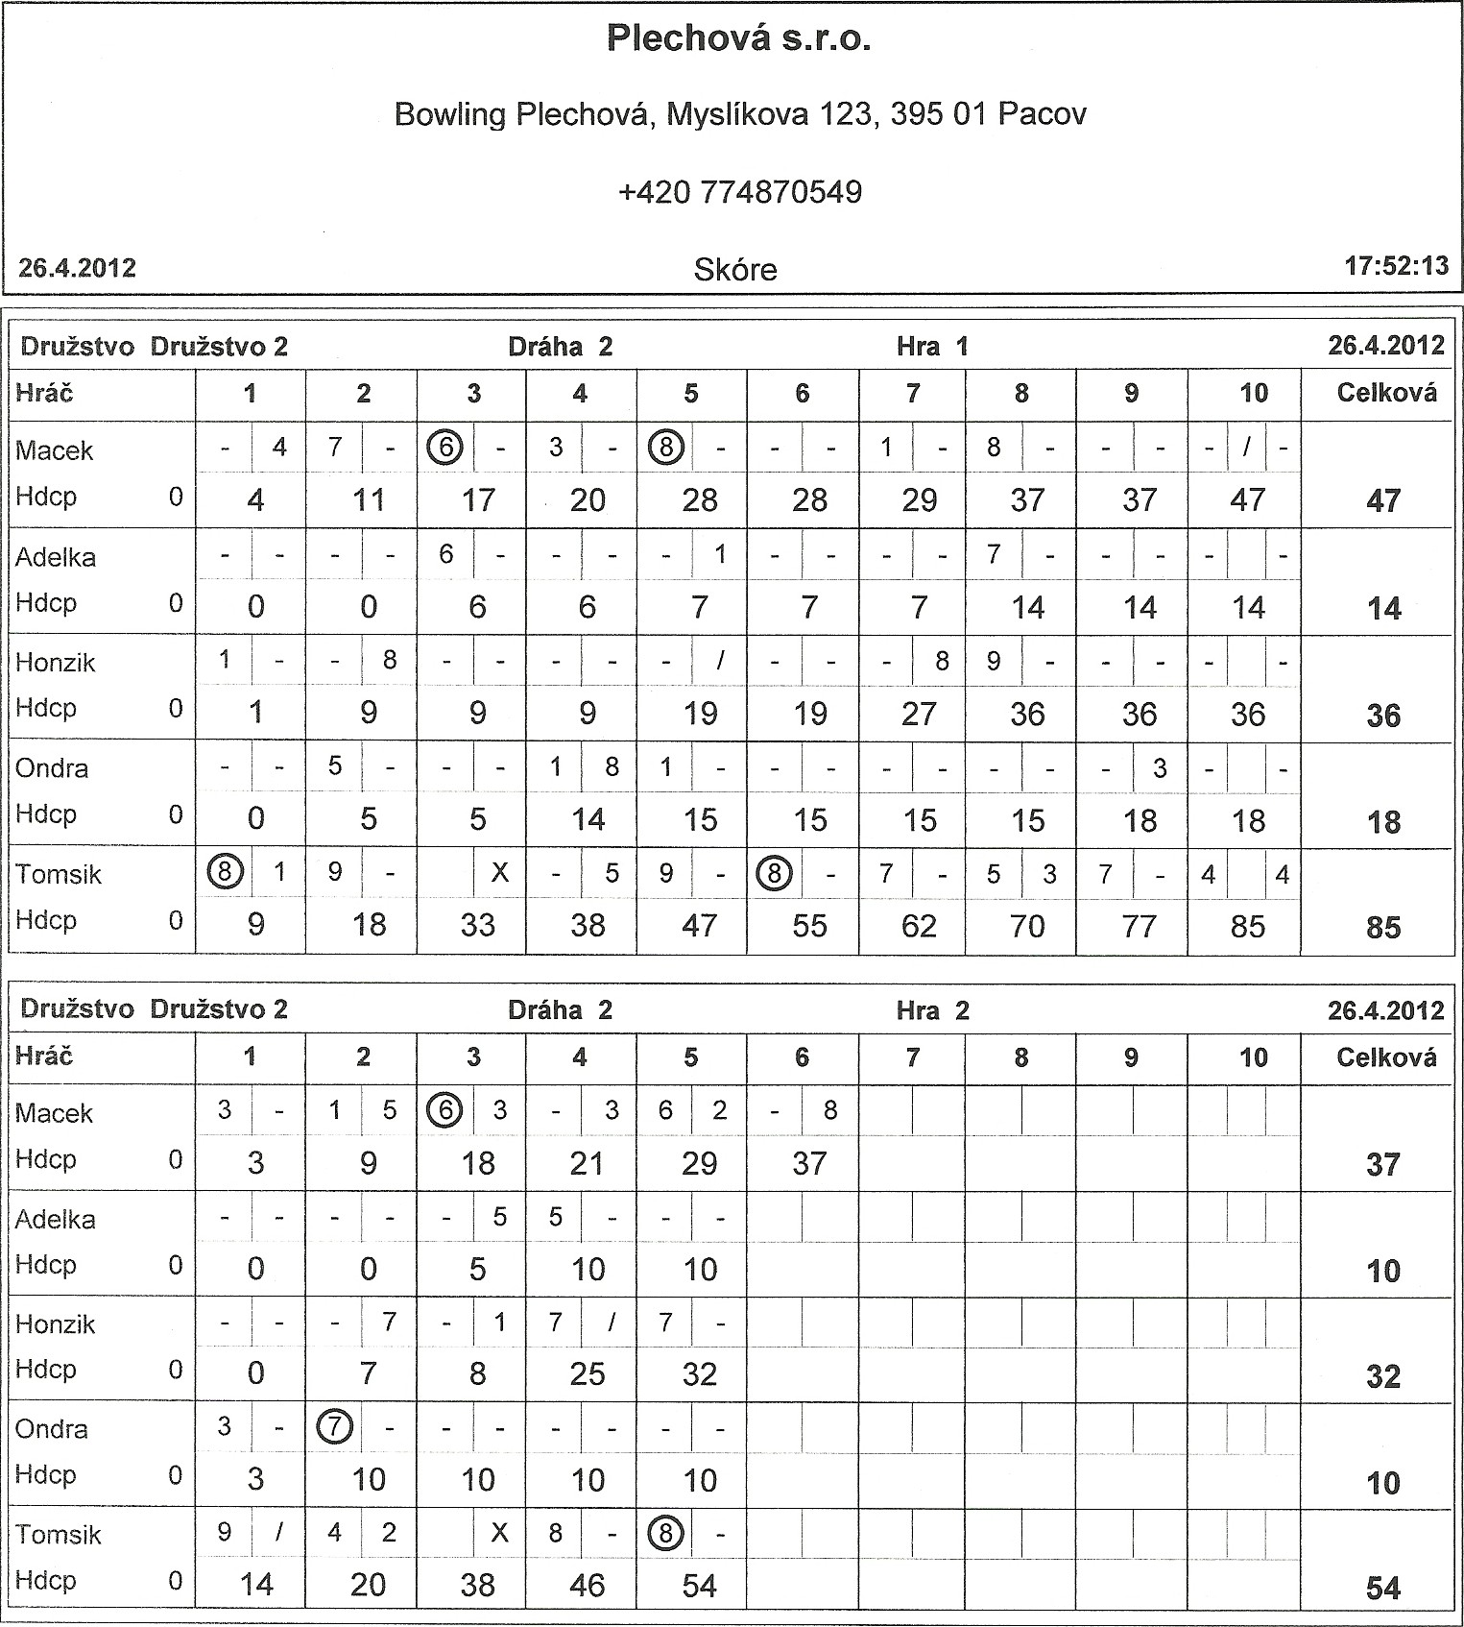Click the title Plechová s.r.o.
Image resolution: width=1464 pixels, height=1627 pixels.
738,38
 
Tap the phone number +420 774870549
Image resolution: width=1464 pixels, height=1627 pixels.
739,192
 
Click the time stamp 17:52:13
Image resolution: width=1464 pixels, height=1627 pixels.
1396,266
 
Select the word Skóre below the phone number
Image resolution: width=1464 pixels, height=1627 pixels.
734,270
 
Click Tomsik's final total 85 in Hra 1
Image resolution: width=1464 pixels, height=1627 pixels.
1382,928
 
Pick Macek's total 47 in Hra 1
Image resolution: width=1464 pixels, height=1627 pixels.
1382,500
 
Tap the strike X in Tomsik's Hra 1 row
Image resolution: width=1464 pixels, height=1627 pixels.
499,873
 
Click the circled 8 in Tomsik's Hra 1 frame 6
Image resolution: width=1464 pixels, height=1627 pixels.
774,873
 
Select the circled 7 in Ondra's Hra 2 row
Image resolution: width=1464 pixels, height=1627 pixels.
334,1427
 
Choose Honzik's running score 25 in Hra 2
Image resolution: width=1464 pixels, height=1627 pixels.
587,1374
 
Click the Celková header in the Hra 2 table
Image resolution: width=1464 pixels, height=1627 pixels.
1385,1057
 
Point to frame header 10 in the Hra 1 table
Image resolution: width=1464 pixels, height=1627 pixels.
1253,393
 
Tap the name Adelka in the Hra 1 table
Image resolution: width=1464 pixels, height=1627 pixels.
56,557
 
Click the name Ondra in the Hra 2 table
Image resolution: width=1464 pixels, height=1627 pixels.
52,1429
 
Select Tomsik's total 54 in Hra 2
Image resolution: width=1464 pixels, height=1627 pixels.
1382,1589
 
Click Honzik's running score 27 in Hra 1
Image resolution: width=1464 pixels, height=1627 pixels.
919,714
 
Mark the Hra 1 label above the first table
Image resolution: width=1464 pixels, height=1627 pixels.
931,347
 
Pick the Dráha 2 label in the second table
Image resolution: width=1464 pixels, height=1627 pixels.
560,1010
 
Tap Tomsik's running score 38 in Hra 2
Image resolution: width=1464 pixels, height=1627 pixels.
477,1585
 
